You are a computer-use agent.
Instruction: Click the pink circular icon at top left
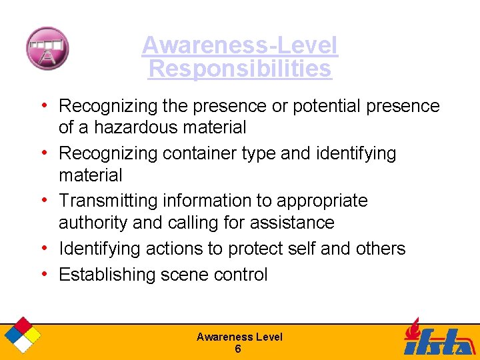pyautogui.click(x=47, y=48)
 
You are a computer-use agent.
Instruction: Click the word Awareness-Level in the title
pyautogui.click(x=240, y=45)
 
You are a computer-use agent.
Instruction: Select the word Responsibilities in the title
pyautogui.click(x=240, y=69)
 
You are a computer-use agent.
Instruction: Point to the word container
pyautogui.click(x=223, y=153)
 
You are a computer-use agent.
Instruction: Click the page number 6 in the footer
pyautogui.click(x=239, y=349)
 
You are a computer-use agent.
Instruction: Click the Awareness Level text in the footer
pyautogui.click(x=239, y=337)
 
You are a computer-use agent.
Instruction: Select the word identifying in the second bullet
pyautogui.click(x=354, y=153)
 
